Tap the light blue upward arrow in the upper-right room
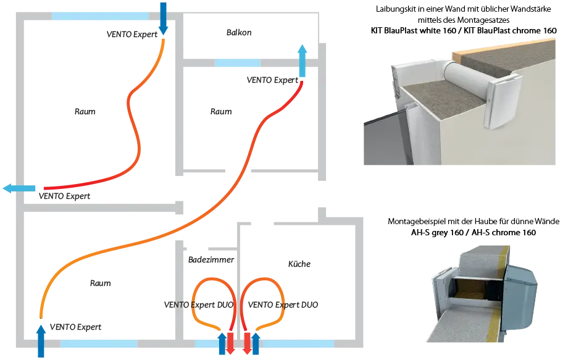tap(302, 59)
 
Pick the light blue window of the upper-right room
tap(237, 62)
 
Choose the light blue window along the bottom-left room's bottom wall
tap(99, 343)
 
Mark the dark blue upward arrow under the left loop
tap(222, 343)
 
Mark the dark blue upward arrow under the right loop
tap(254, 343)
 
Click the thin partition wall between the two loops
tap(238, 278)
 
